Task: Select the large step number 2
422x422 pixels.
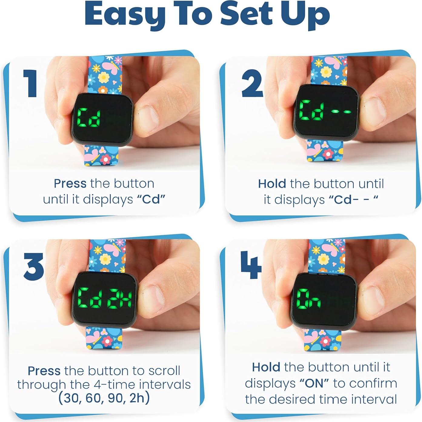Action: point(252,84)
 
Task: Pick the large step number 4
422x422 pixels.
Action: point(251,265)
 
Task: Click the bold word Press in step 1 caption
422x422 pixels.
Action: point(70,184)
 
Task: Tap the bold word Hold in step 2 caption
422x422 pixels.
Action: point(272,184)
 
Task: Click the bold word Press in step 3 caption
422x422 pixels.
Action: point(44,371)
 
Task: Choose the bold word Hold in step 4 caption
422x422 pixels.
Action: point(266,367)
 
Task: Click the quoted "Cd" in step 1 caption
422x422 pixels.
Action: point(151,199)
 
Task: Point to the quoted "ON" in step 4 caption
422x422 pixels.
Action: point(314,383)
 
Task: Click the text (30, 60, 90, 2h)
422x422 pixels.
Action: point(104,398)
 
